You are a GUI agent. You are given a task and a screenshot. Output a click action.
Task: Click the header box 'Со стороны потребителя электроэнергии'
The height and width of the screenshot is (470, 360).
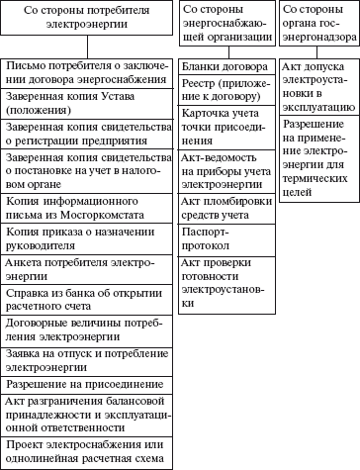click(x=88, y=20)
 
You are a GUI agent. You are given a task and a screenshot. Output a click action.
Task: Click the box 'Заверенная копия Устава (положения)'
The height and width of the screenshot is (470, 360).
click(x=88, y=105)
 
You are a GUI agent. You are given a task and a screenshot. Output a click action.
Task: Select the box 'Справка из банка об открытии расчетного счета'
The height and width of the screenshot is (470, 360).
click(x=88, y=300)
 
